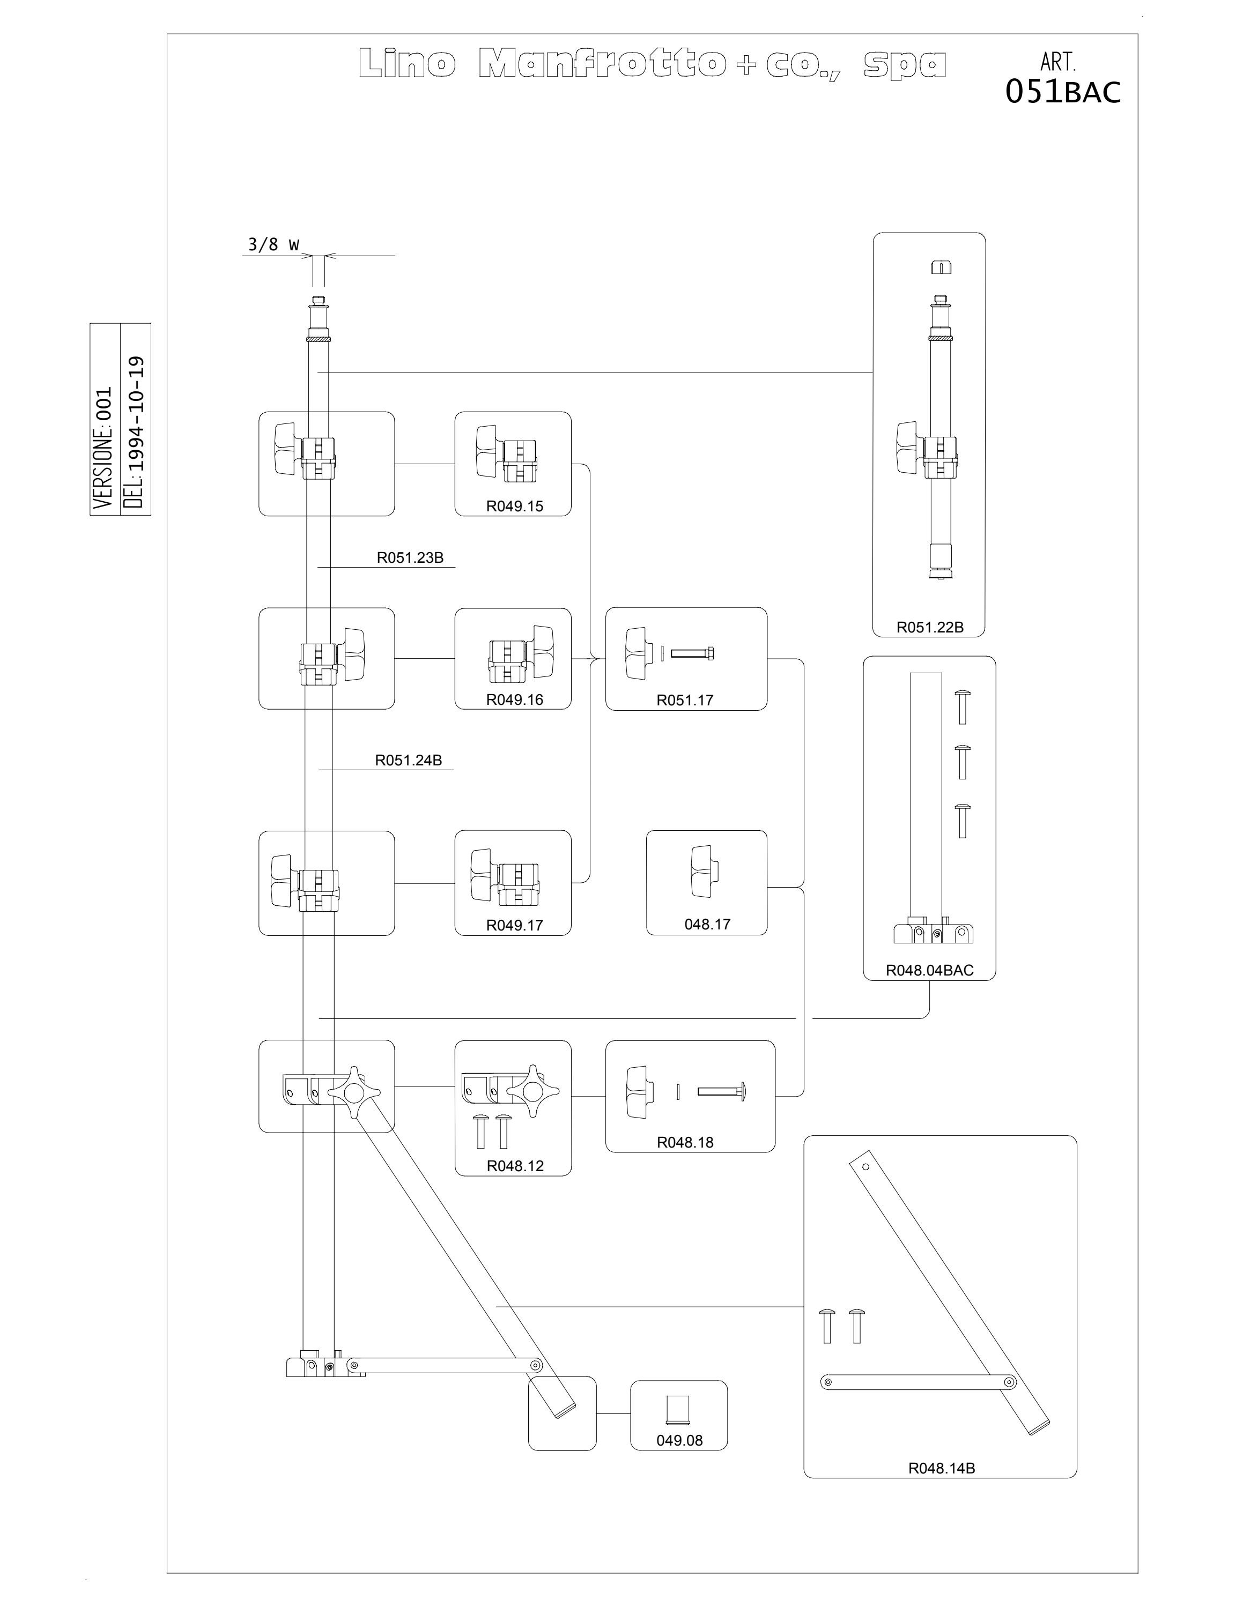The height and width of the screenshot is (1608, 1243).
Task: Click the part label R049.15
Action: click(514, 506)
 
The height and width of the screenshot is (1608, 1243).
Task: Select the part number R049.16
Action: click(514, 699)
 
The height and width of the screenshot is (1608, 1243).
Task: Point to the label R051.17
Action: click(685, 700)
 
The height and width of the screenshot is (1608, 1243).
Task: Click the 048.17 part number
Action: click(707, 924)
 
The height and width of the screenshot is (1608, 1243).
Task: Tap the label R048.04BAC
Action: click(929, 970)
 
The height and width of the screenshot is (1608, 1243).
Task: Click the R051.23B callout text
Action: click(410, 557)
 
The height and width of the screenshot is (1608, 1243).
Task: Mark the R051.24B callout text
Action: click(409, 760)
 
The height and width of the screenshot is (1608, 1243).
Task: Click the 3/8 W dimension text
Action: click(273, 244)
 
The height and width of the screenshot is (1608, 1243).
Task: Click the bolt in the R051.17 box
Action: click(692, 653)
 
